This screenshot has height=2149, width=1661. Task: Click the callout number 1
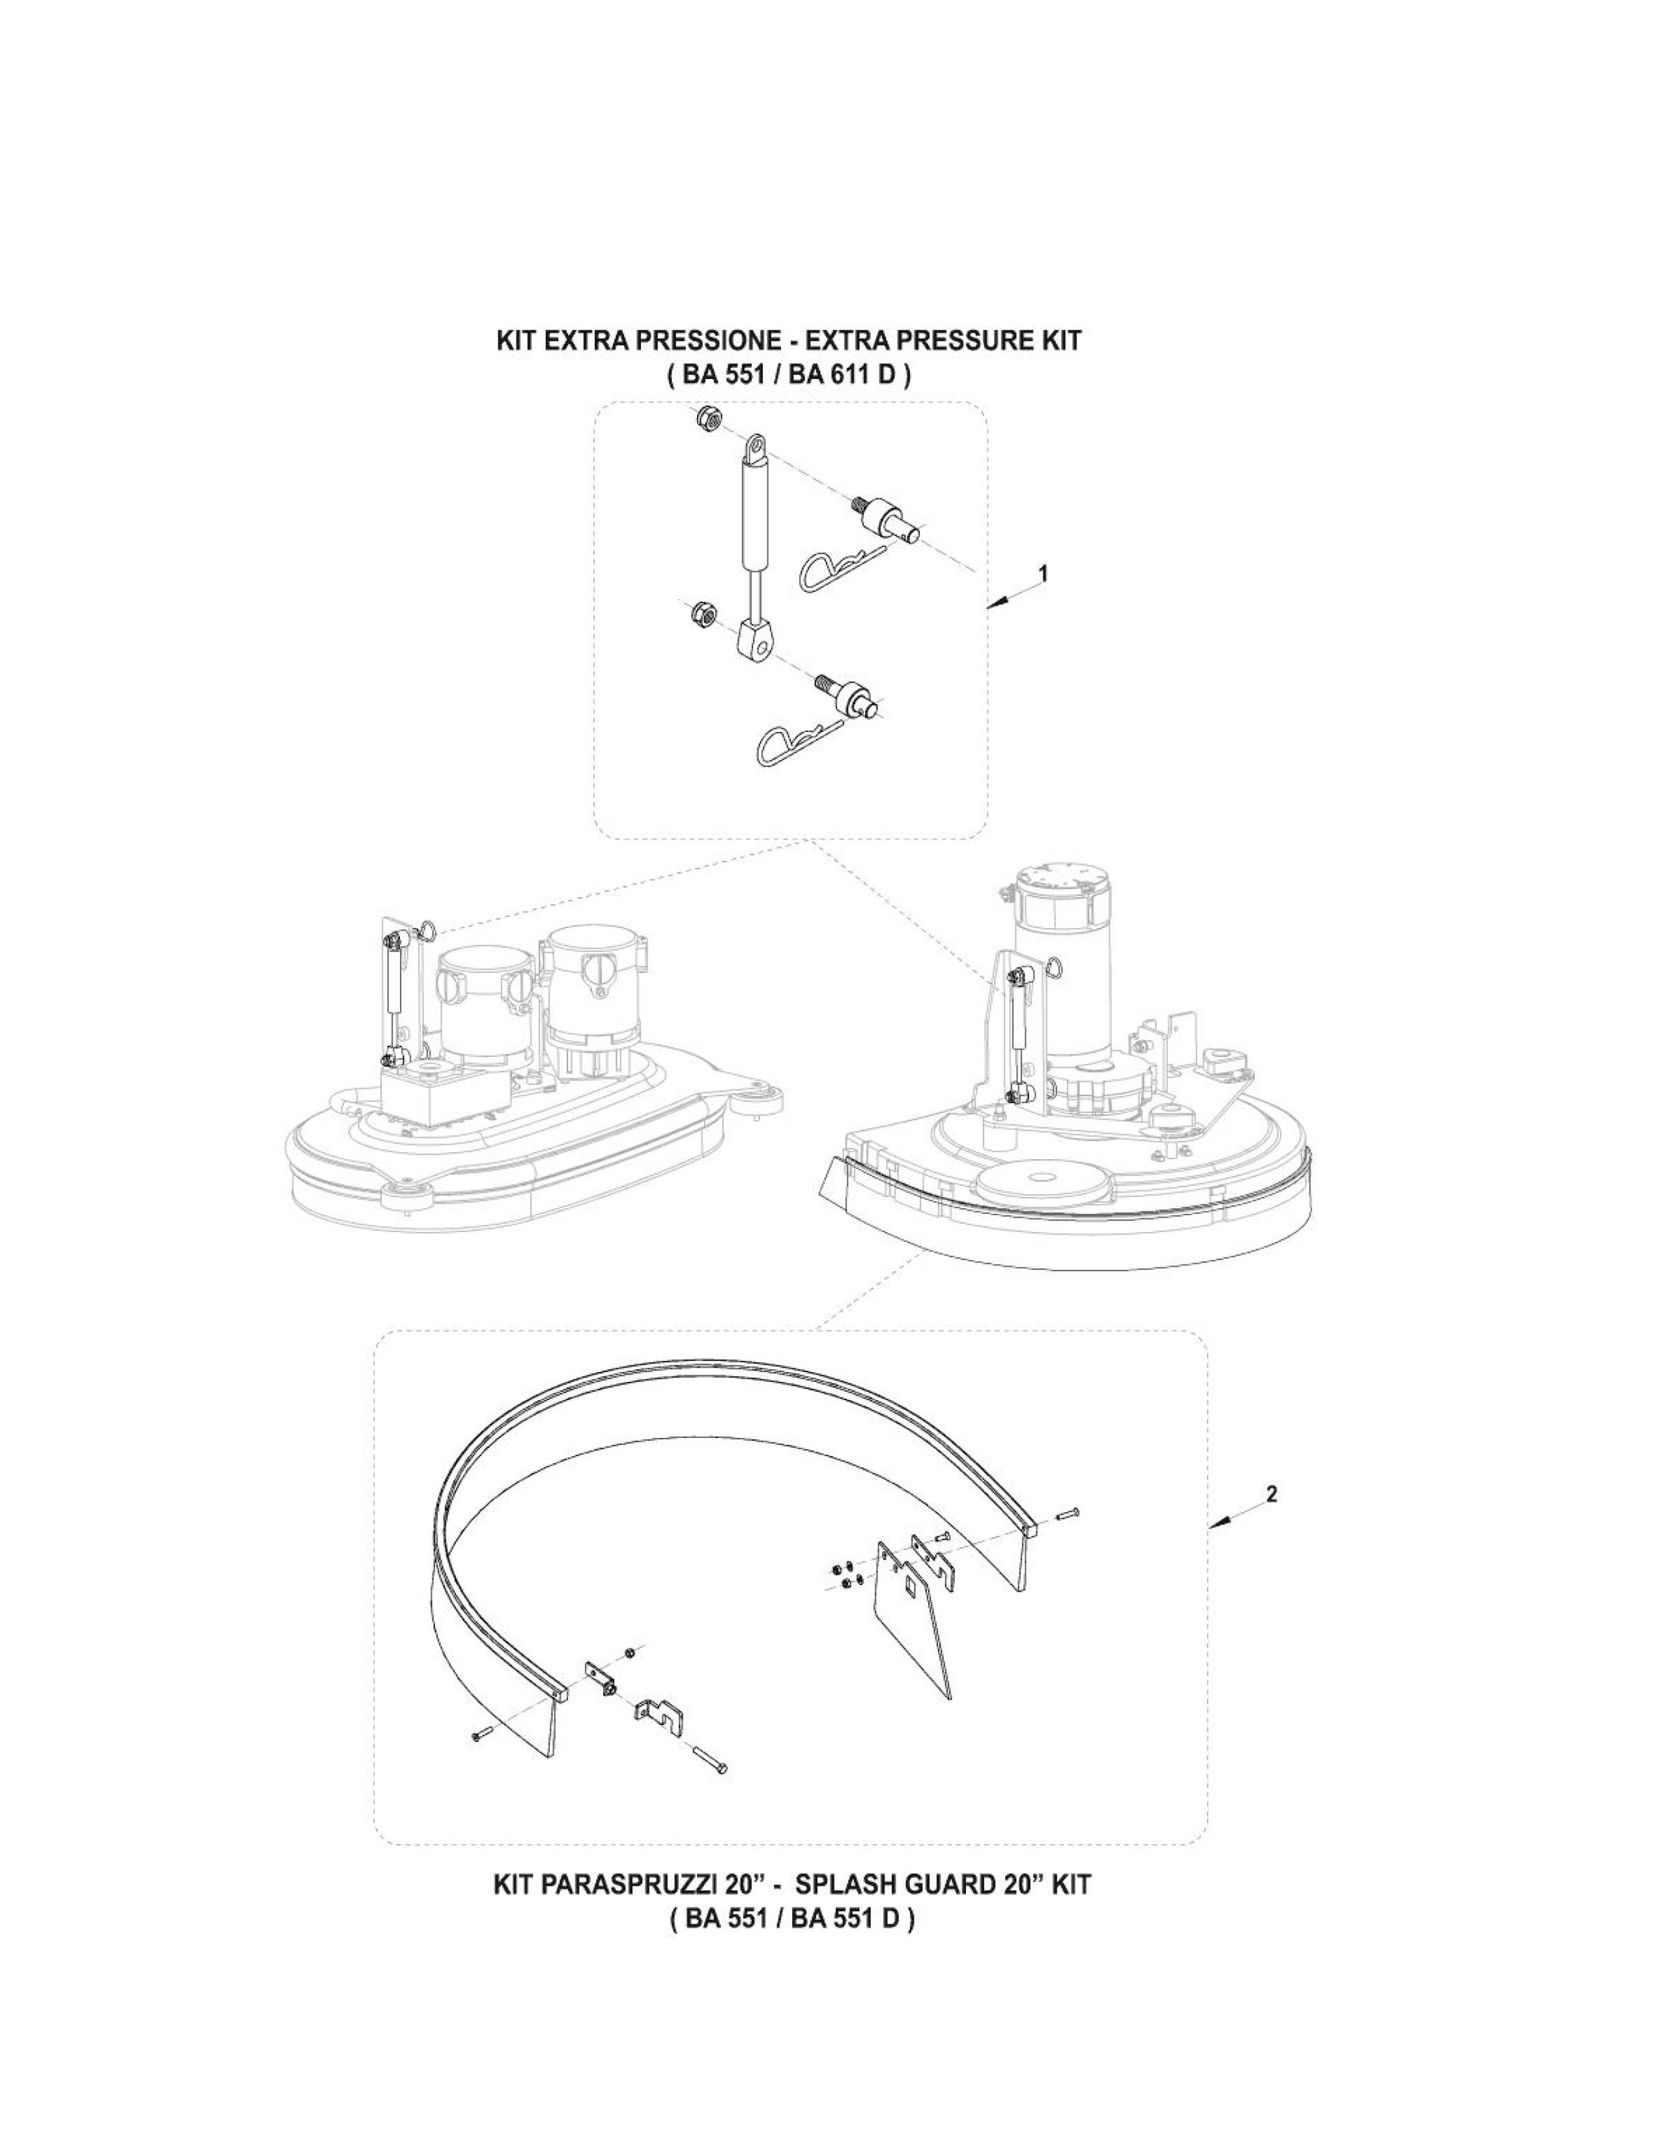(1044, 572)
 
